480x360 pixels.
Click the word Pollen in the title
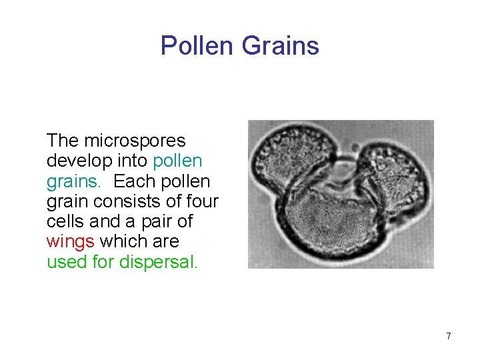pyautogui.click(x=197, y=46)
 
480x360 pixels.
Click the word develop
pyautogui.click(x=77, y=161)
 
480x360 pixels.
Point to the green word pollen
pyautogui.click(x=177, y=161)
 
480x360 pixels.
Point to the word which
pyautogui.click(x=125, y=241)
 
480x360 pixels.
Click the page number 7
pyautogui.click(x=449, y=336)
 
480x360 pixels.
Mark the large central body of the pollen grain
pyautogui.click(x=333, y=223)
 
